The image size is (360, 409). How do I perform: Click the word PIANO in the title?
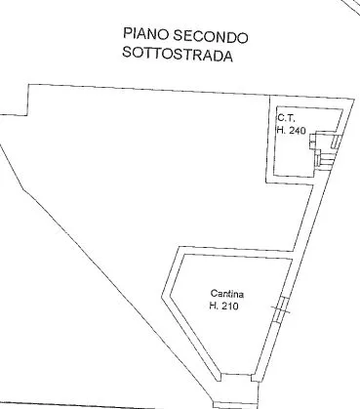point(145,34)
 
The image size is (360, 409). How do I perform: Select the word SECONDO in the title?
point(211,36)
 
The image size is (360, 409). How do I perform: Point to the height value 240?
point(297,131)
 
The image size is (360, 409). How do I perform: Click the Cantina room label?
point(227,294)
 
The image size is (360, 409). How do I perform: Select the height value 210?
point(228,306)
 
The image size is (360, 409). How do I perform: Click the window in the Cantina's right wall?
point(280,309)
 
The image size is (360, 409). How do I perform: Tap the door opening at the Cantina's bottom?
point(236,378)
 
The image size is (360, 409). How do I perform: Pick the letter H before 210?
point(214,306)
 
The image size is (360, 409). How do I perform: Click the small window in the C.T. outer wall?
point(336,141)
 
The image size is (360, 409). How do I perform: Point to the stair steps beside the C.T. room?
point(325,160)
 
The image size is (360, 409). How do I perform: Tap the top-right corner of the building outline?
point(354,99)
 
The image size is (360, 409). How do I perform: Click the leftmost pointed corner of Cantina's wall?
point(162,297)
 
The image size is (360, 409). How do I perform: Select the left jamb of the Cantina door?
point(220,378)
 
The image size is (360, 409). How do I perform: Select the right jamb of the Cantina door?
point(255,378)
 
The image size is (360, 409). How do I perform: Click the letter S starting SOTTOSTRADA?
point(126,52)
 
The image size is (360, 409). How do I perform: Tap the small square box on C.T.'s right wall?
point(312,142)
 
